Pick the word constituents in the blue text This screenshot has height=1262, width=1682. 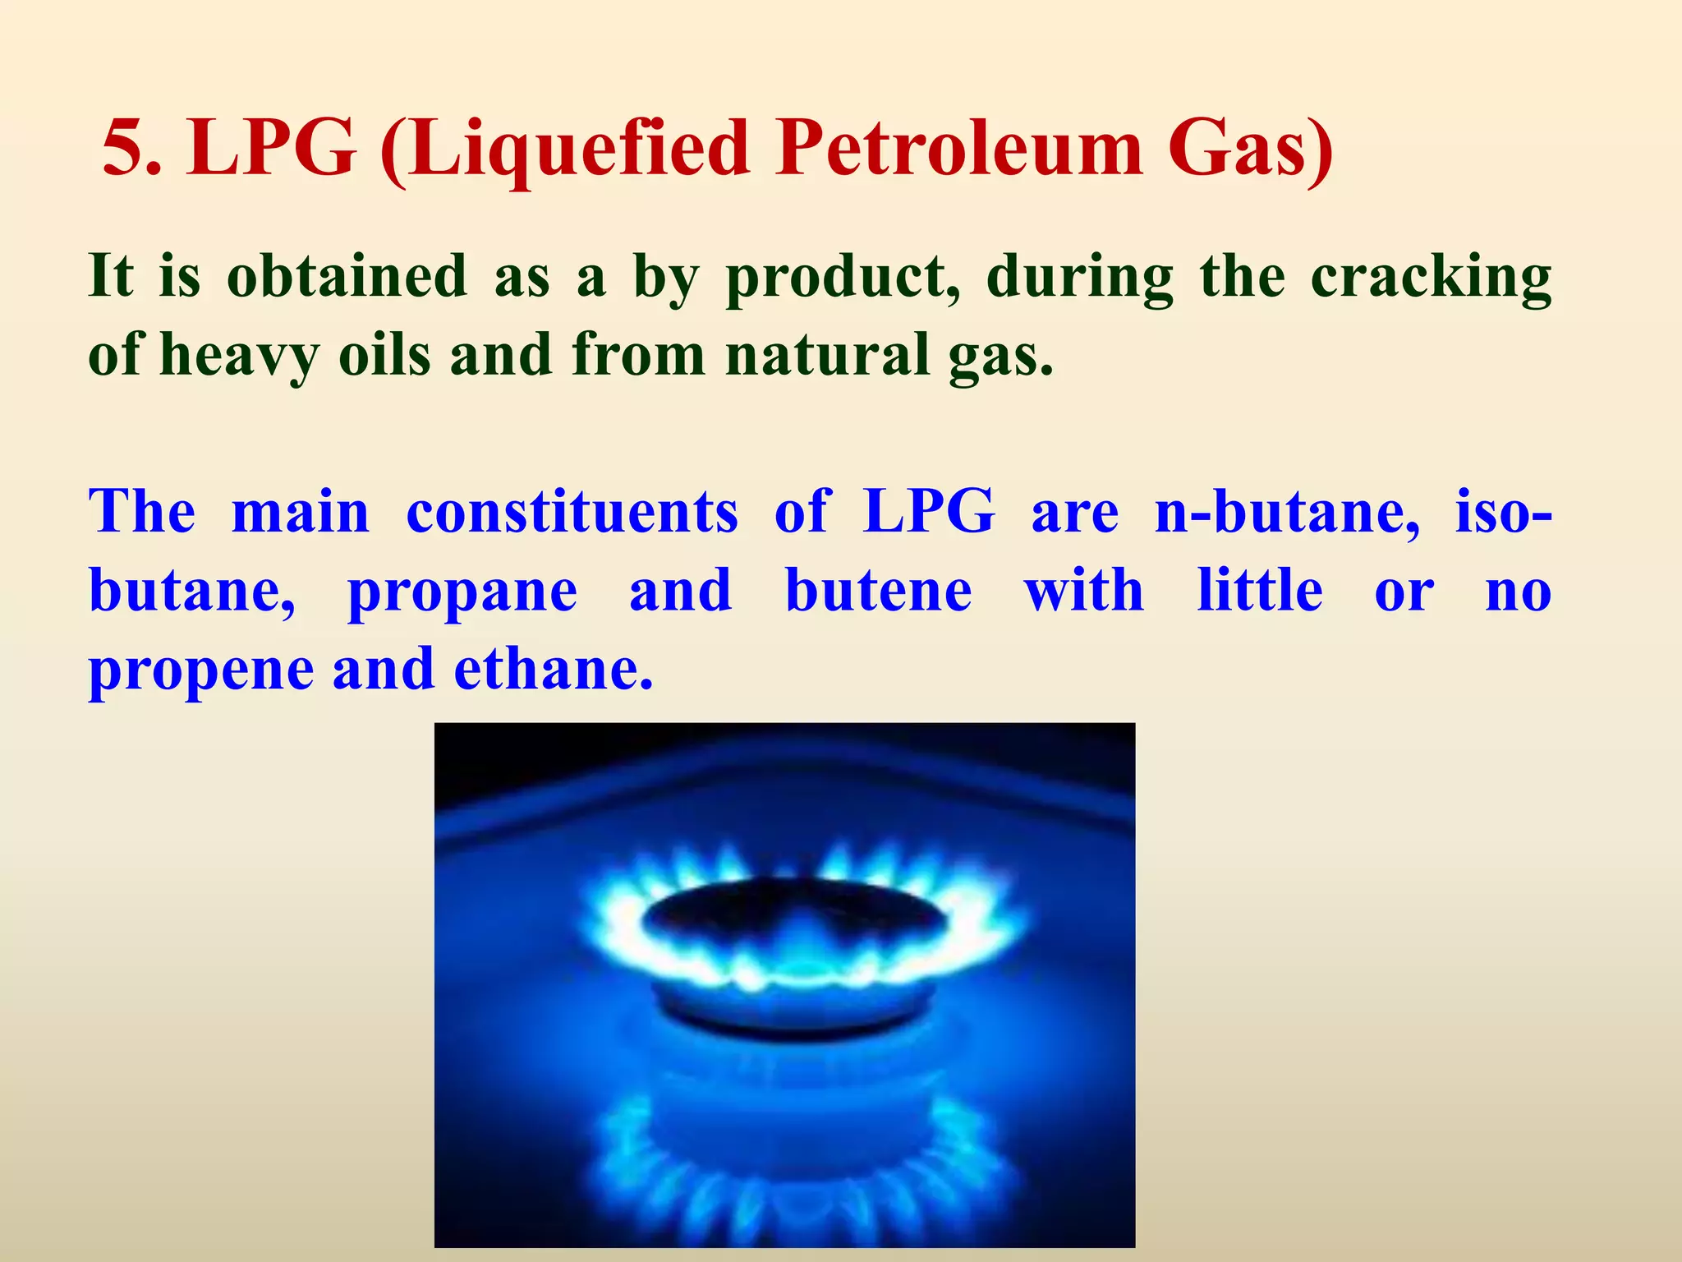click(572, 512)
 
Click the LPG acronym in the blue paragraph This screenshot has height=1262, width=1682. click(929, 512)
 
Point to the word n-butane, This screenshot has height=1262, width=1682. click(1286, 512)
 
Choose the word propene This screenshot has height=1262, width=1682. click(201, 670)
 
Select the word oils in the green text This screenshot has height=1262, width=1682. click(384, 355)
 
